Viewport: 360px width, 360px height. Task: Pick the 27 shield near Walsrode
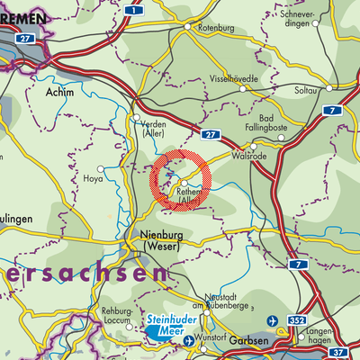210,134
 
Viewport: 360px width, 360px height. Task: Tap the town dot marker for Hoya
101,167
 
